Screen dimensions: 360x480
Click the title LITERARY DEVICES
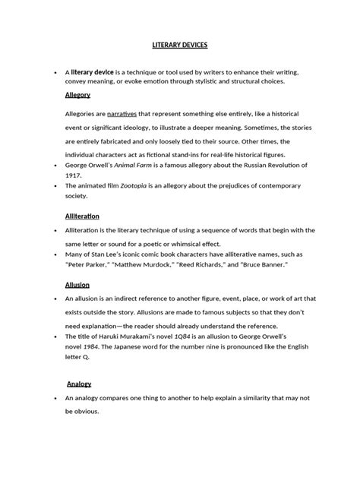point(179,46)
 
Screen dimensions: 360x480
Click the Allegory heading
point(77,96)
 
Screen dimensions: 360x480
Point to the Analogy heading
point(79,384)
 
